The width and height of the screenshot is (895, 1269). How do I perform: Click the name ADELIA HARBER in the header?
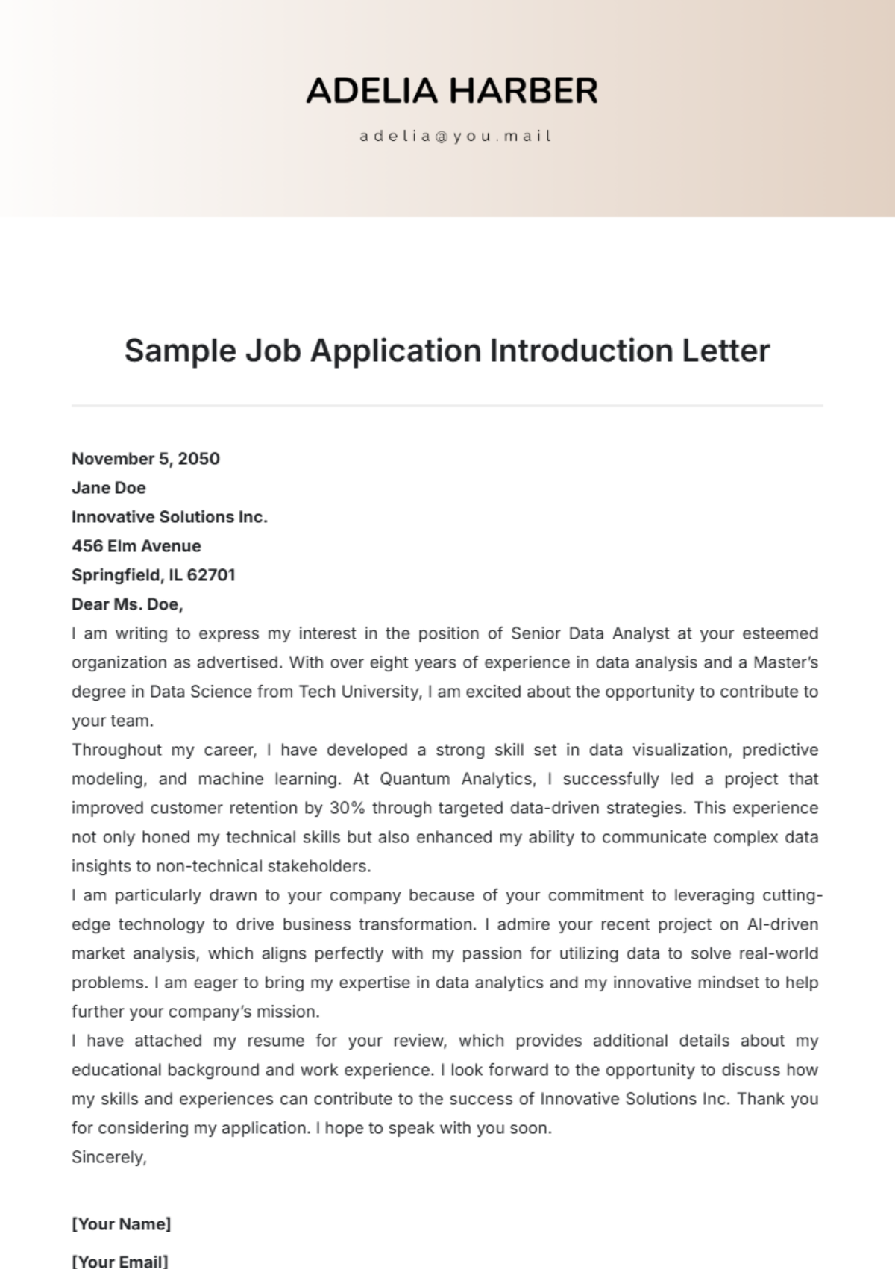(x=452, y=91)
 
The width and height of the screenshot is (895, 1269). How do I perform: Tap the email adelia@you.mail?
(x=455, y=136)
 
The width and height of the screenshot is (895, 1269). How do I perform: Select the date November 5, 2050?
(x=145, y=458)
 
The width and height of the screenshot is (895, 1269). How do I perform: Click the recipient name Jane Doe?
(x=109, y=487)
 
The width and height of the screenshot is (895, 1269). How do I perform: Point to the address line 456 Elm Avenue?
(x=136, y=545)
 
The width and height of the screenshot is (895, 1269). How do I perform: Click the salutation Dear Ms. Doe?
(x=128, y=604)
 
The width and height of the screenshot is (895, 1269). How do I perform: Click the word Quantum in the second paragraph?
(x=415, y=778)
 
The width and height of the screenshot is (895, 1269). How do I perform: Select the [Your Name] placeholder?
(x=122, y=1223)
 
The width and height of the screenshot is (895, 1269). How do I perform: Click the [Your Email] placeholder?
(x=120, y=1261)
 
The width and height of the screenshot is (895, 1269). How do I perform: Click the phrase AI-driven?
(x=782, y=924)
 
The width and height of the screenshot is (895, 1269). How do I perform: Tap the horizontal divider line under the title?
(x=447, y=406)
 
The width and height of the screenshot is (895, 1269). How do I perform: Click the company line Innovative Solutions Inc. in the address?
(x=169, y=516)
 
